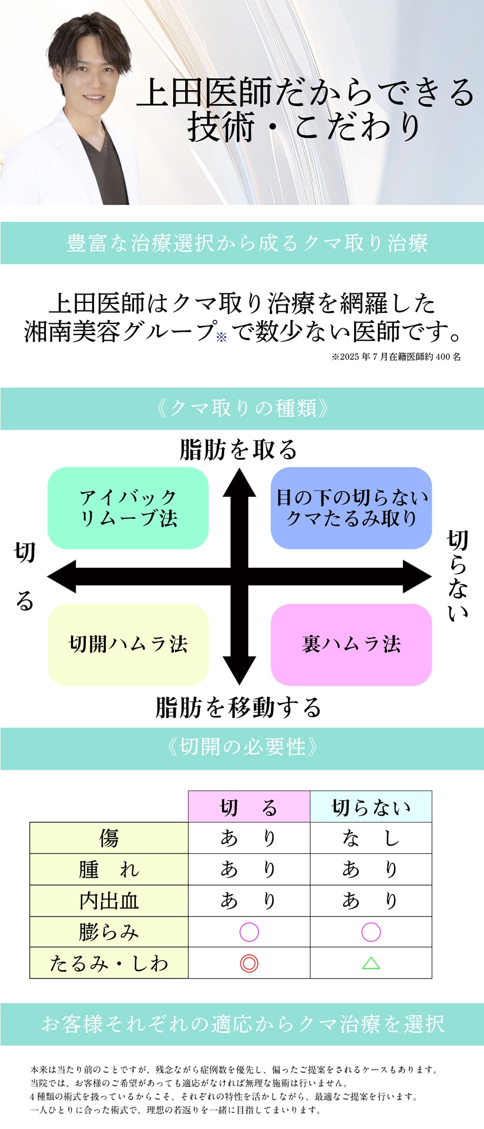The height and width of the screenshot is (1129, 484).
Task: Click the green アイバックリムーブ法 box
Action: [x=128, y=507]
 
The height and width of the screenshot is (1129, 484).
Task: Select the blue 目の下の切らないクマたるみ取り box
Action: [x=351, y=507]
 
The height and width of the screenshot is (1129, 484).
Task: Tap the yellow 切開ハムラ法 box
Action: [x=128, y=644]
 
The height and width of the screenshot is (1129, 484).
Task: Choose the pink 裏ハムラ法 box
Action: [x=351, y=644]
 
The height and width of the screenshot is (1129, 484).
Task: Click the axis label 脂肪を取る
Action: [x=238, y=450]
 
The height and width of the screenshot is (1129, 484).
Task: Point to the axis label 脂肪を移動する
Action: [x=238, y=707]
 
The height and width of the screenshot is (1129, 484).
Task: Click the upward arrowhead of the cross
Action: [x=239, y=483]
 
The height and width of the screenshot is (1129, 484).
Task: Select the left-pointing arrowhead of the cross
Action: [x=62, y=576]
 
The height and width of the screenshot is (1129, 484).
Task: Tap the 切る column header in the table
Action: [x=249, y=807]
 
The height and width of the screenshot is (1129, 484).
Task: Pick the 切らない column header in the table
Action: [x=371, y=807]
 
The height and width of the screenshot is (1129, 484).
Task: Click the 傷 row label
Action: [x=109, y=838]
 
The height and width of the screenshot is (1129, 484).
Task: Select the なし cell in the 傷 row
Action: [x=371, y=838]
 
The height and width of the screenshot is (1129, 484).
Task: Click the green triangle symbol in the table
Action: [x=371, y=963]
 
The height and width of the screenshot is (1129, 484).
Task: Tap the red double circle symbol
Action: [x=249, y=963]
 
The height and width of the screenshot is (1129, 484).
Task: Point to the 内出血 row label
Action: [x=109, y=901]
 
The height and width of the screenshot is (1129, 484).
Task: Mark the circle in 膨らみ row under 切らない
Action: [x=371, y=932]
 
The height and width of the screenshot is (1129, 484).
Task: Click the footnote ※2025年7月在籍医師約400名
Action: [x=396, y=357]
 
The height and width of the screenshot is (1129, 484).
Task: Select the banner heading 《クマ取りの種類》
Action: [x=242, y=408]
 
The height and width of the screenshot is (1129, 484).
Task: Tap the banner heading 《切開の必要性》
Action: [x=242, y=747]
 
